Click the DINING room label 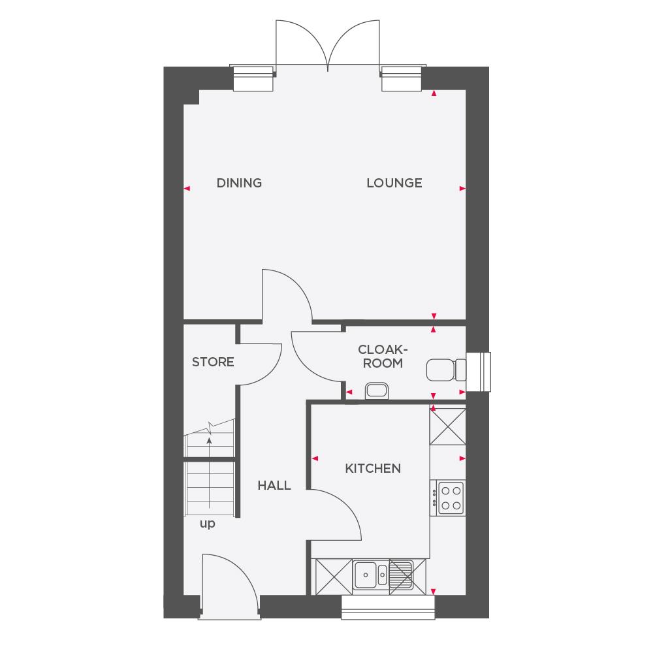click(x=239, y=183)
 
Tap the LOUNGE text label click(x=394, y=183)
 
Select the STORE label click(x=213, y=362)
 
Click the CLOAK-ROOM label click(x=383, y=356)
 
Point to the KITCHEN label click(x=372, y=468)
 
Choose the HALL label click(x=274, y=485)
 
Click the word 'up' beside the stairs click(x=208, y=523)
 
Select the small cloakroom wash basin click(x=377, y=390)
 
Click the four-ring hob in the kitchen click(x=451, y=497)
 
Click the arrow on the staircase click(x=209, y=441)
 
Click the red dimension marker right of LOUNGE click(x=462, y=189)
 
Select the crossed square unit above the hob click(x=448, y=426)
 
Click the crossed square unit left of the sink click(x=333, y=577)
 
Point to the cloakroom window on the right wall click(x=482, y=372)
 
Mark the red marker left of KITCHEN click(x=314, y=458)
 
